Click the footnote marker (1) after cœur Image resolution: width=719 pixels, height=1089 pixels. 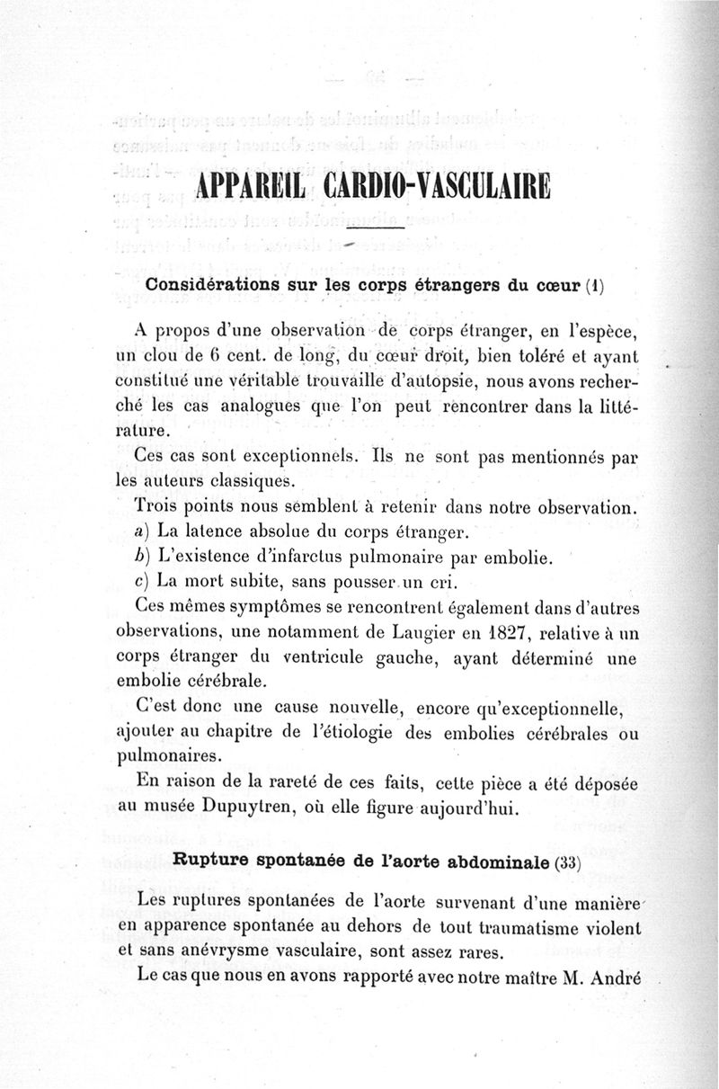[x=594, y=289]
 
